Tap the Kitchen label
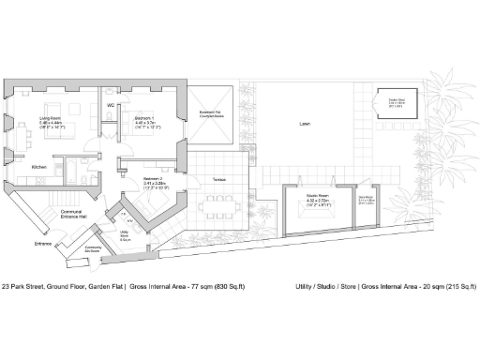pyautogui.click(x=39, y=167)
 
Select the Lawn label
pyautogui.click(x=305, y=123)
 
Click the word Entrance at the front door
pyautogui.click(x=43, y=243)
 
